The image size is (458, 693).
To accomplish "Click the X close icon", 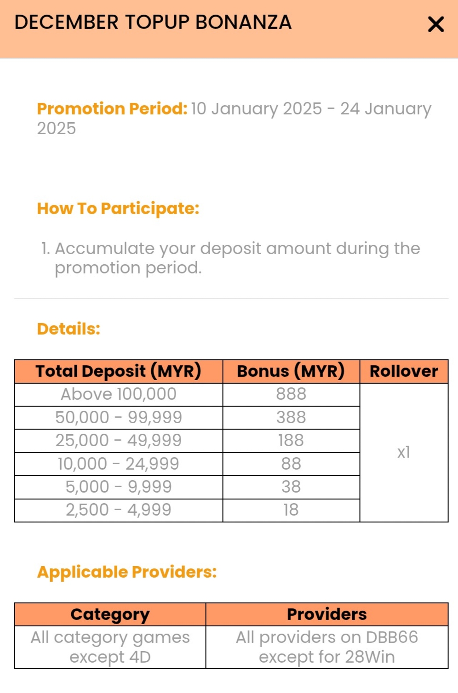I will tap(435, 24).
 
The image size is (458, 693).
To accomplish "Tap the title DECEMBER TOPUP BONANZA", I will tap(153, 23).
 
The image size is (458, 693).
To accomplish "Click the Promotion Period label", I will tap(112, 109).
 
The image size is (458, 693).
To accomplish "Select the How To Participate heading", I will tap(118, 209).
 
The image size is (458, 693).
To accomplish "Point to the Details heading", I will tap(69, 329).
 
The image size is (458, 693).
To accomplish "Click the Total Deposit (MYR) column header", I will tap(119, 371).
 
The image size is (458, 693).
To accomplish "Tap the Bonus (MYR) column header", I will tap(291, 371).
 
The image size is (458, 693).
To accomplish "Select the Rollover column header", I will tap(404, 371).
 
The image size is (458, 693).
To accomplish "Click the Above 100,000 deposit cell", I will tap(119, 394).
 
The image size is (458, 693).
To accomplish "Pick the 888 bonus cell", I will tap(291, 394).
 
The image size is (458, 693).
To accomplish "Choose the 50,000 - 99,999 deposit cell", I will tap(119, 417).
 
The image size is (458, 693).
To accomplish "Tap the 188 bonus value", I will tap(291, 441).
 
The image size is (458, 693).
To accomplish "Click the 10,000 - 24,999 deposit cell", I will tap(119, 464).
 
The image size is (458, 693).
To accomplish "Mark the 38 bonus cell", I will tap(291, 487).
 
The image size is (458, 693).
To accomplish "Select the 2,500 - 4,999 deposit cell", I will tap(119, 510).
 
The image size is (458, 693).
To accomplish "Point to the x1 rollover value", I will tap(404, 452).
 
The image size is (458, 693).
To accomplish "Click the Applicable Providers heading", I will tap(127, 572).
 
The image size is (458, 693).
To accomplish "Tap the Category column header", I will tap(110, 614).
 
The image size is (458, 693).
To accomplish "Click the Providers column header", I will tap(327, 614).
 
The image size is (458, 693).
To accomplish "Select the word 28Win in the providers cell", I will tap(370, 657).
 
